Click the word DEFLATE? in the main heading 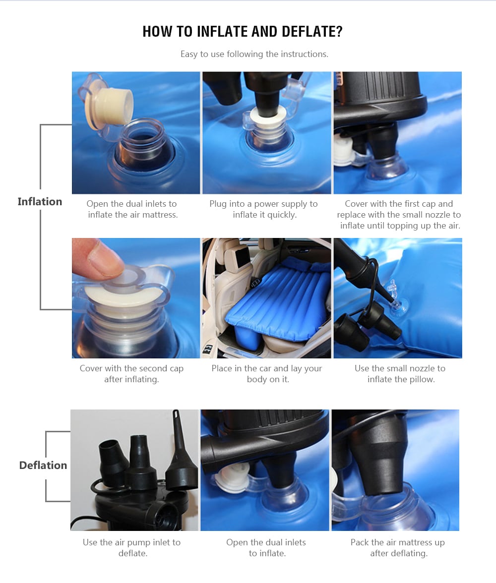pyautogui.click(x=312, y=32)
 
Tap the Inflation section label pyautogui.click(x=40, y=201)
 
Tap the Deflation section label pyautogui.click(x=43, y=465)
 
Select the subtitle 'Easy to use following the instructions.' pyautogui.click(x=254, y=54)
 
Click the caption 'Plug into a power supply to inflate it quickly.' pyautogui.click(x=263, y=209)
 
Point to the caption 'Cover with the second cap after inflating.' pyautogui.click(x=131, y=374)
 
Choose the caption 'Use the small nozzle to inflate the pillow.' pyautogui.click(x=400, y=374)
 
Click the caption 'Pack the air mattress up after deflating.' pyautogui.click(x=398, y=548)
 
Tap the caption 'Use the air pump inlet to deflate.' pyautogui.click(x=132, y=548)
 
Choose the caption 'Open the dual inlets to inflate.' pyautogui.click(x=266, y=548)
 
